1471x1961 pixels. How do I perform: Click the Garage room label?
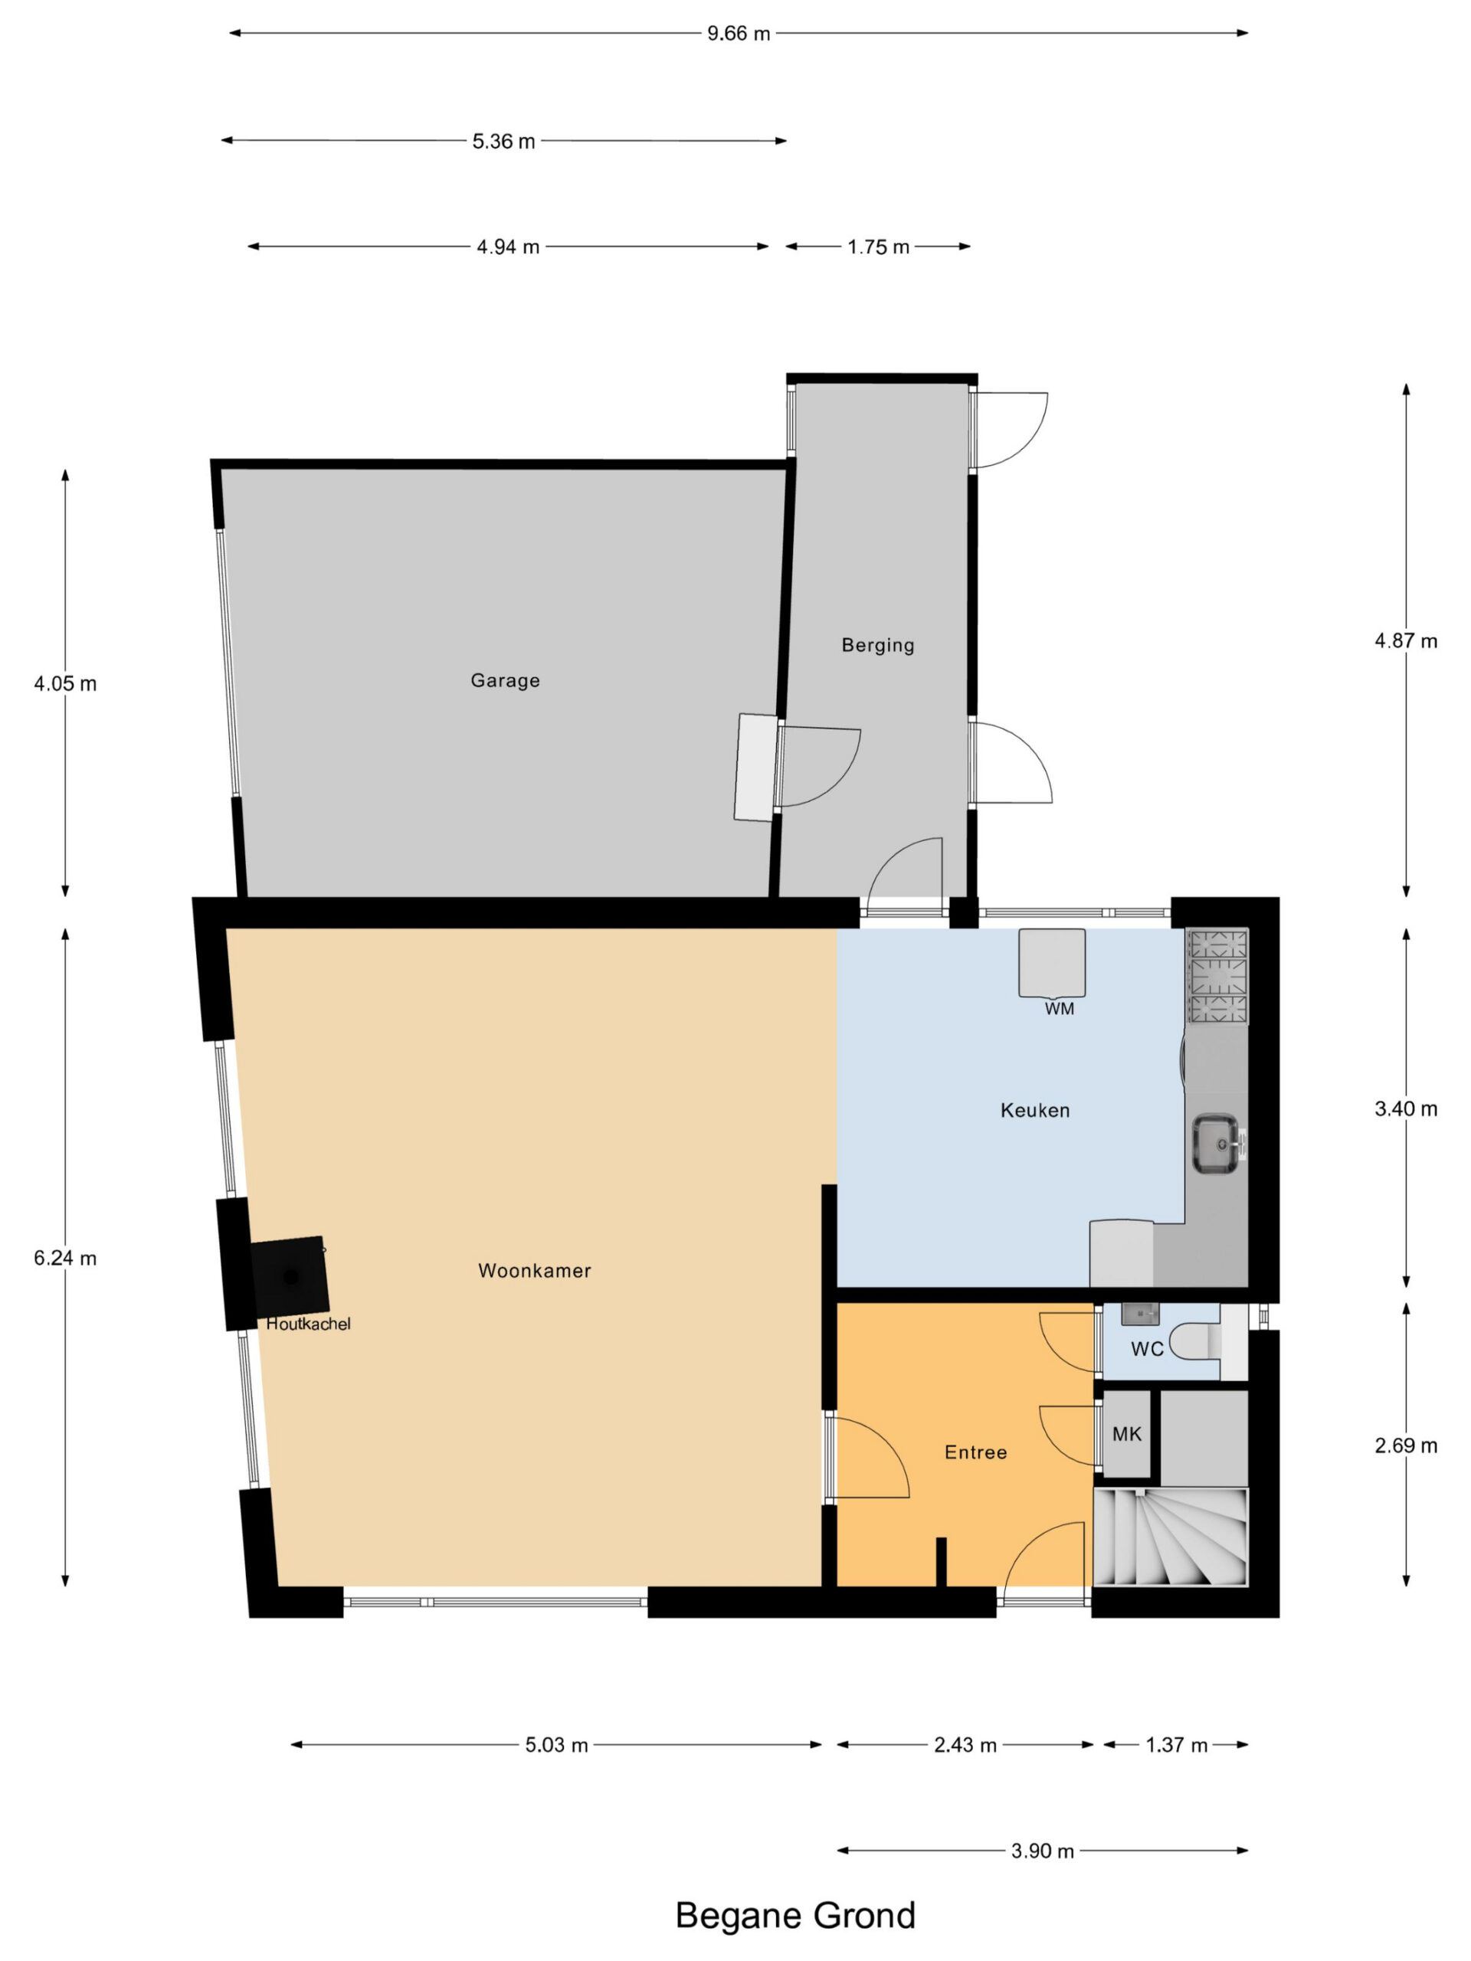[x=505, y=680]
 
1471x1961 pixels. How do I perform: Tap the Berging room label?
[x=878, y=644]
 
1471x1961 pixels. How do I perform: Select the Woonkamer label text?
[x=535, y=1270]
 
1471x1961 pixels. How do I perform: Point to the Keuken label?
[x=1035, y=1110]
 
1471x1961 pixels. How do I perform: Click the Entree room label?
[x=975, y=1452]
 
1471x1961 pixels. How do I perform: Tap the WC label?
[x=1146, y=1349]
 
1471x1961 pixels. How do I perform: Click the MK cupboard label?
[x=1127, y=1433]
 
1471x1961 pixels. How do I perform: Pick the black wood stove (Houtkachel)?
[x=289, y=1277]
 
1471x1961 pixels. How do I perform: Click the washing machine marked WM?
[x=1052, y=963]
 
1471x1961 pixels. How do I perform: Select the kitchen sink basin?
[x=1216, y=1144]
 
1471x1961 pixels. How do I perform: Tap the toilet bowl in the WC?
[x=1195, y=1342]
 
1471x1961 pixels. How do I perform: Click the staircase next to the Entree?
[x=1171, y=1537]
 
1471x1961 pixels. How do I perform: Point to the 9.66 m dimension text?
[x=739, y=34]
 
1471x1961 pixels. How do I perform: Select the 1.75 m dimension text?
[x=878, y=247]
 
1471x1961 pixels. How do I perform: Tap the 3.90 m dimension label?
[x=1043, y=1851]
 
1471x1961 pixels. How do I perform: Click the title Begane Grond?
[x=795, y=1915]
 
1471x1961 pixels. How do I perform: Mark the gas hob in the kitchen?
[x=1217, y=976]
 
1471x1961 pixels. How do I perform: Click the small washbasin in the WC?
[x=1140, y=1313]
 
